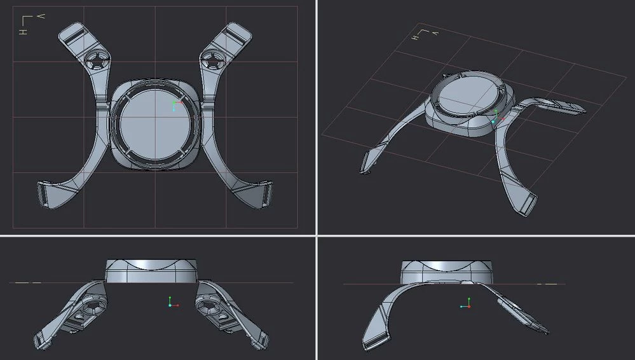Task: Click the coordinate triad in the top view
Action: point(175,106)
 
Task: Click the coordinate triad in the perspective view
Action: point(496,117)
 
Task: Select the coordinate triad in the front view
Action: point(171,303)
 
